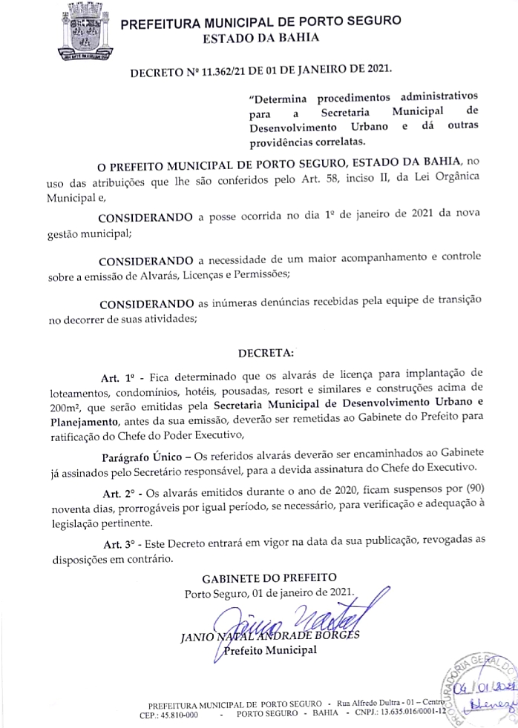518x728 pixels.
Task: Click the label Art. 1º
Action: coord(117,372)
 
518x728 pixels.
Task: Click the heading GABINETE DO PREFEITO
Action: coord(269,578)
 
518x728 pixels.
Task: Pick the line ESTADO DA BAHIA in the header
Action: coord(255,37)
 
